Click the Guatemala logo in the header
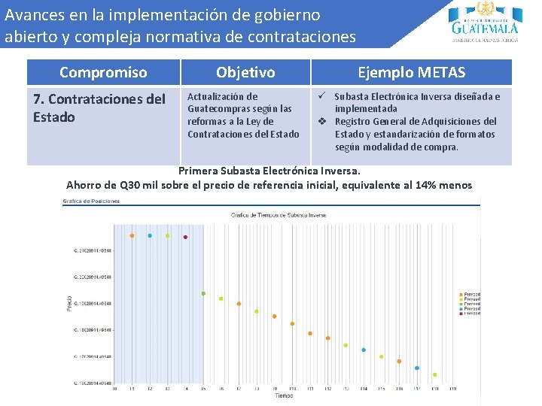[486, 23]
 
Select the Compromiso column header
[103, 73]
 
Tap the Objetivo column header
[245, 73]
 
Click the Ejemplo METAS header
[411, 73]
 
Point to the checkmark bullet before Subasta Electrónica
[321, 96]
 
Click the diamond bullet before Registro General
[321, 121]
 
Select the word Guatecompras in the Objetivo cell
[218, 109]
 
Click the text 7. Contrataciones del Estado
[99, 108]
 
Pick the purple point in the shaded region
[185, 237]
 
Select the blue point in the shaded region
[150, 235]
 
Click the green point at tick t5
[203, 293]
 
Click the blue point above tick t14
[364, 350]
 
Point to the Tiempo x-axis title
[284, 395]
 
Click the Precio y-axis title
[70, 302]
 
